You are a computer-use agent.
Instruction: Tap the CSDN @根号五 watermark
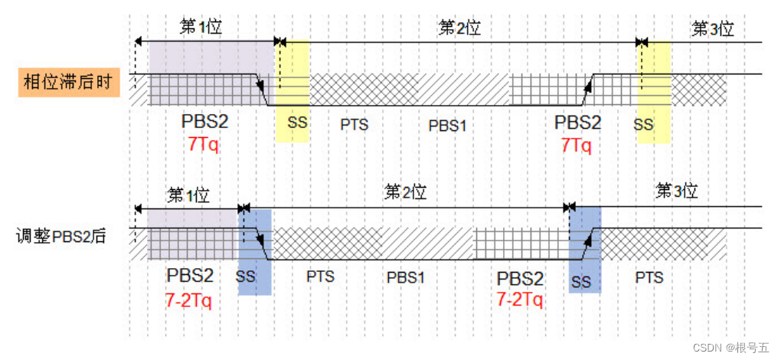730,348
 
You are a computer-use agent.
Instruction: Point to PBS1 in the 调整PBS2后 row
405,277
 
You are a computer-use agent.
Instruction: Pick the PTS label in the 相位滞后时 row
355,124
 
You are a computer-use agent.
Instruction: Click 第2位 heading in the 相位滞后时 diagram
459,28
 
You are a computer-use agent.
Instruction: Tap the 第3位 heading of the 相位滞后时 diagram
713,29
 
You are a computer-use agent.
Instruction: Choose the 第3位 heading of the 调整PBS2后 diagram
677,191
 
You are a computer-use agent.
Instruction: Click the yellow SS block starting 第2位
292,92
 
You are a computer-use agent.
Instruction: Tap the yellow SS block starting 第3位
654,92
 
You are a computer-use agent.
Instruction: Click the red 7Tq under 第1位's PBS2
203,144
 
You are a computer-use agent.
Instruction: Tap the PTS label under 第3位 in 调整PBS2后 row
649,277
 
